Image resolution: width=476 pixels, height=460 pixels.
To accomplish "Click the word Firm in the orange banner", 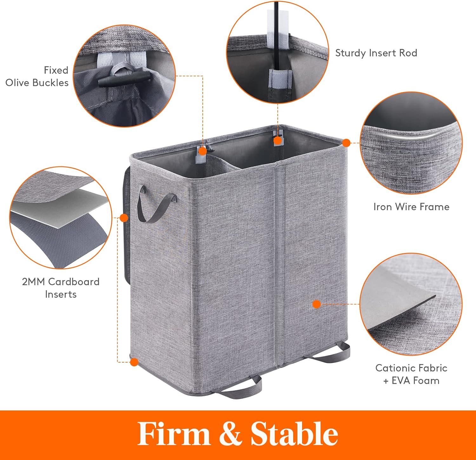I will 174,434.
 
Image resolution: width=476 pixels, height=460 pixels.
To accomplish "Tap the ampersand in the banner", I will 231,434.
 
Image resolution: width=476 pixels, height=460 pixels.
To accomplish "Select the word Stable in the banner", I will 294,434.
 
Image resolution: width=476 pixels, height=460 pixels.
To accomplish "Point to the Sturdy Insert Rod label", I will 376,53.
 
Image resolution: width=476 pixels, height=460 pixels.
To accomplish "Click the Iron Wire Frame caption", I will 411,207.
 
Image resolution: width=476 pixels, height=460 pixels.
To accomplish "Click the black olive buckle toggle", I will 124,78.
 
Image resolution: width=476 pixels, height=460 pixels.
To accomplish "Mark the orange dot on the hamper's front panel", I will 316,304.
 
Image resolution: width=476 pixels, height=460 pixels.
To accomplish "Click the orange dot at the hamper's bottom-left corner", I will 134,362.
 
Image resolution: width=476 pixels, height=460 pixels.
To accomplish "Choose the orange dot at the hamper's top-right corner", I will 347,143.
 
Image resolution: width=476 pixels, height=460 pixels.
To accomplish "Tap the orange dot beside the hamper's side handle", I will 124,218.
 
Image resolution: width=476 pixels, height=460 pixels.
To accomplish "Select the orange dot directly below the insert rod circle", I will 278,140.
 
